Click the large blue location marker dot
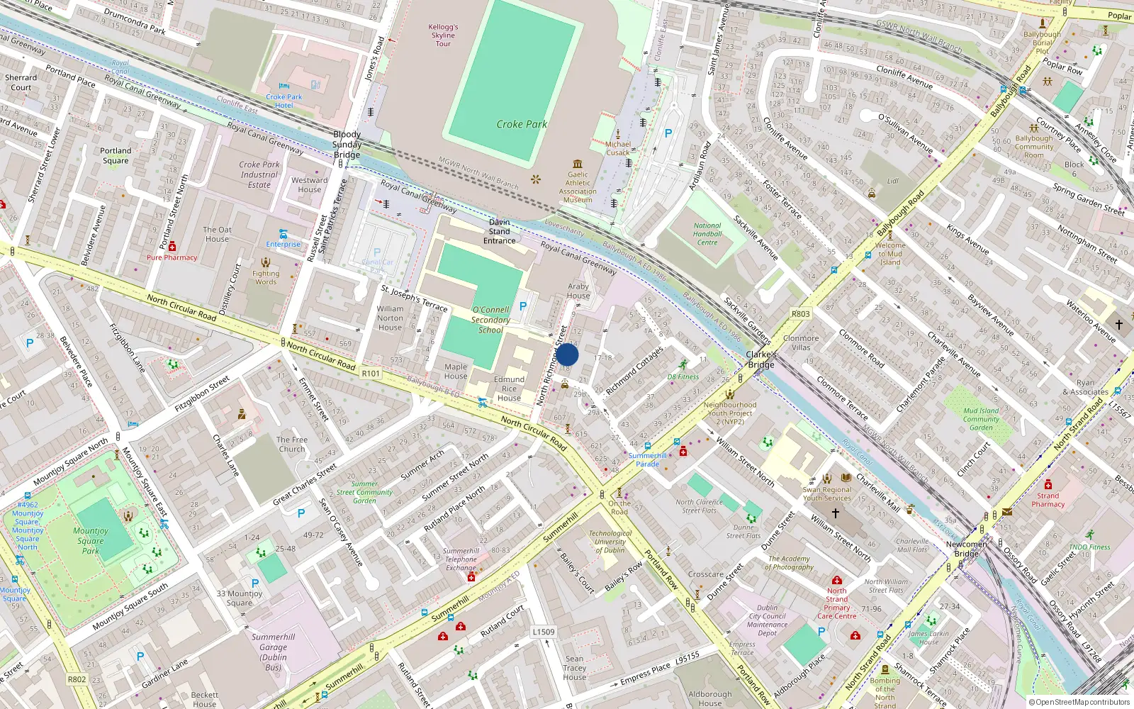click(x=567, y=354)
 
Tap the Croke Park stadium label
click(x=521, y=124)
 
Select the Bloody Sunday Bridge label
click(x=347, y=145)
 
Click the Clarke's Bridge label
click(x=760, y=359)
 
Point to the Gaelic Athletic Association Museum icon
click(x=578, y=164)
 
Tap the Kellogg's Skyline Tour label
click(x=443, y=35)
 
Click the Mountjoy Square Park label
click(x=91, y=540)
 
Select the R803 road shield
click(x=800, y=313)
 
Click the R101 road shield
click(x=371, y=374)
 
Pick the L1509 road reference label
click(x=544, y=632)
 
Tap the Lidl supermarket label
click(x=892, y=182)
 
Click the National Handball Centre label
click(x=707, y=234)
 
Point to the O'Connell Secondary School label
click(x=490, y=320)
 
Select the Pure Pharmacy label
click(x=172, y=257)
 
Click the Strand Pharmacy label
click(x=1048, y=500)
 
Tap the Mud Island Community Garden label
click(x=981, y=419)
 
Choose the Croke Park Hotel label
click(x=283, y=101)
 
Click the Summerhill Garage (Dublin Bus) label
click(x=273, y=652)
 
